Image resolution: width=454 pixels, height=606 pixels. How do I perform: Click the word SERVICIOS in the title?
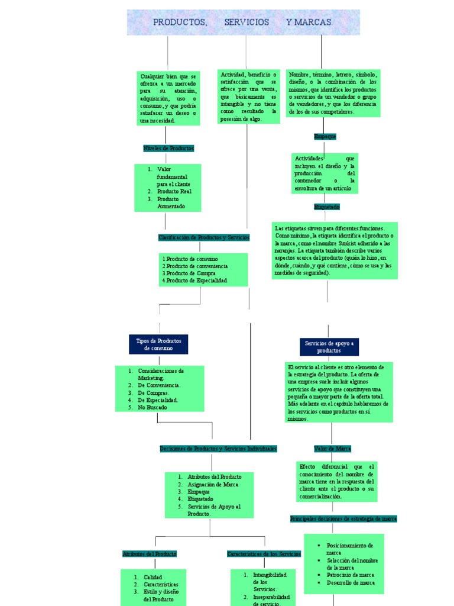(x=247, y=22)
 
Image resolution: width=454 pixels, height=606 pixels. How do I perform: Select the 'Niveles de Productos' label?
(x=168, y=149)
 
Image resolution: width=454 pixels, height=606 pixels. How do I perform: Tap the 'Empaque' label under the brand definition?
(x=325, y=137)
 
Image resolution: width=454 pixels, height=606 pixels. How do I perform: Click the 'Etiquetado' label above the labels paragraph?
(x=327, y=207)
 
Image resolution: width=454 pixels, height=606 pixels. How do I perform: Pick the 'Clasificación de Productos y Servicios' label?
(x=204, y=237)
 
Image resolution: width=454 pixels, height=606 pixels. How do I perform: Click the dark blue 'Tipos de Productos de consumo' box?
(x=158, y=344)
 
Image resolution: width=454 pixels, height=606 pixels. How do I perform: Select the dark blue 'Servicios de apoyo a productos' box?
(x=329, y=347)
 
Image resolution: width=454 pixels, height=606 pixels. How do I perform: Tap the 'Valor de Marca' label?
(x=332, y=449)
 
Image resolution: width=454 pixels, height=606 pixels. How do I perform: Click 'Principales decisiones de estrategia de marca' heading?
(x=343, y=519)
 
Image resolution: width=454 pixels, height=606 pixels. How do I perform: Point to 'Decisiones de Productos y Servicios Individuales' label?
(x=218, y=449)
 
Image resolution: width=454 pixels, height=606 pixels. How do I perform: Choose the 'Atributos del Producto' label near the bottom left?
(x=150, y=554)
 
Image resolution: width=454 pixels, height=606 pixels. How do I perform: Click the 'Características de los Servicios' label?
(x=264, y=554)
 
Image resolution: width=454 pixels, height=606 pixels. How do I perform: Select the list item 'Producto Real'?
(x=174, y=192)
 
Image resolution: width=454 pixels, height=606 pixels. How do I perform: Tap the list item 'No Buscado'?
(x=153, y=407)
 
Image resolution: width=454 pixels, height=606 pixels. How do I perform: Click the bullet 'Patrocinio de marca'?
(x=350, y=575)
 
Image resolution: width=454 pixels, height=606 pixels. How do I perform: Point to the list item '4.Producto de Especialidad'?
(x=194, y=281)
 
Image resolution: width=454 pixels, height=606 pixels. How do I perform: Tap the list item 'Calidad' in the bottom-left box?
(x=153, y=577)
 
